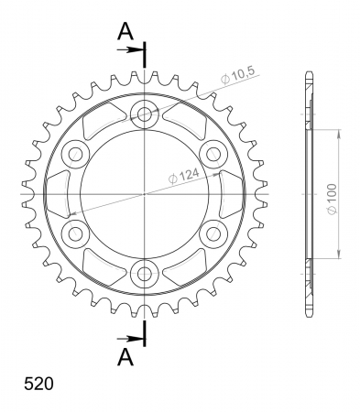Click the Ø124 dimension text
point(184,176)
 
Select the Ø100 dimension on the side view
point(332,199)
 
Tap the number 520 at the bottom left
point(38,384)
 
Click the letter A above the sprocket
point(125,31)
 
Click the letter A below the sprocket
point(125,357)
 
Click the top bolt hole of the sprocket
point(145,114)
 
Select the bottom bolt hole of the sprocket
point(145,274)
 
